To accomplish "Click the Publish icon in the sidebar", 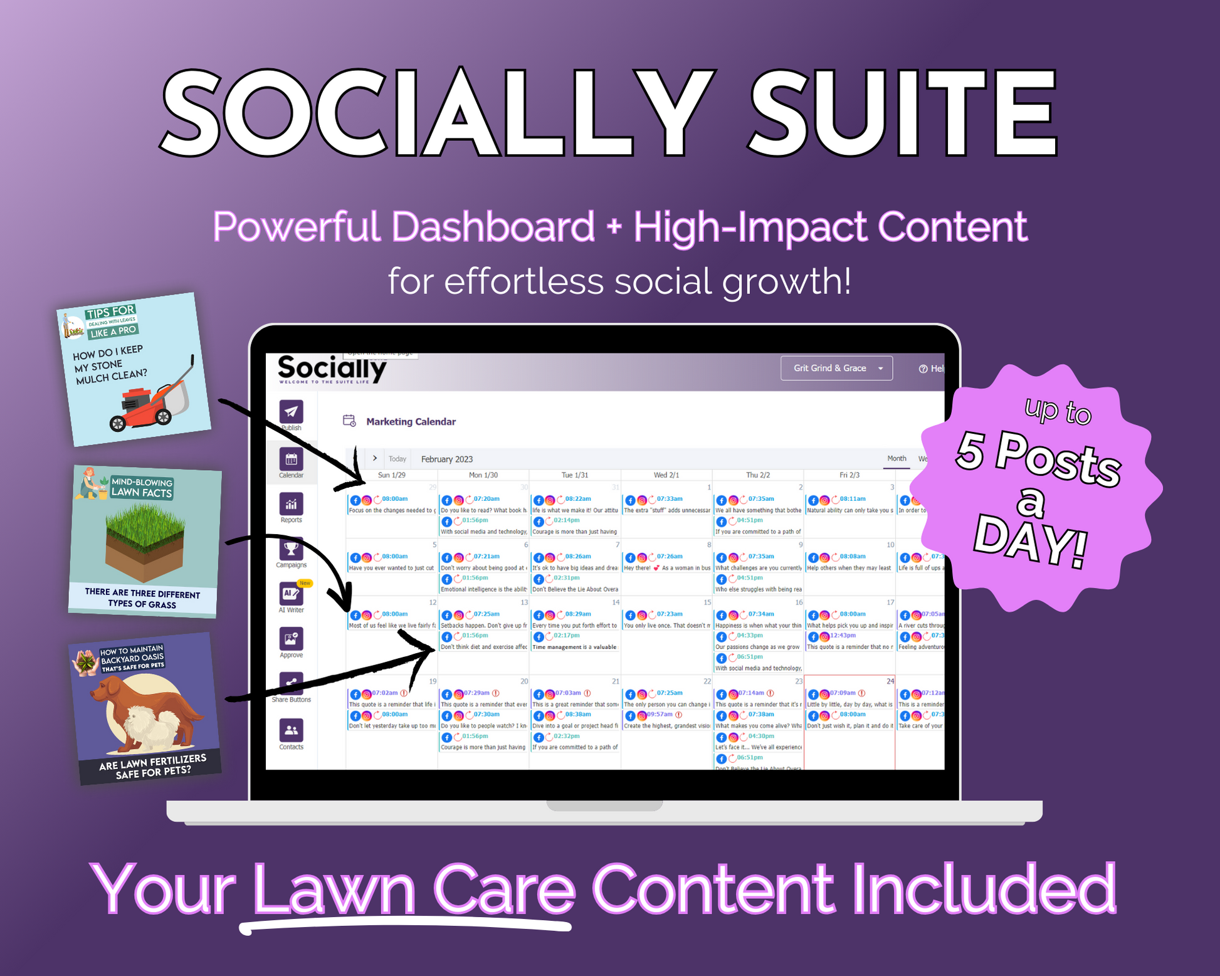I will point(291,412).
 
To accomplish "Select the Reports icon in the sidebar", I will point(291,504).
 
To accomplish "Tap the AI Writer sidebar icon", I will point(291,594).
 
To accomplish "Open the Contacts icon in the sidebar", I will point(291,730).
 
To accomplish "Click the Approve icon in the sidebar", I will point(291,639).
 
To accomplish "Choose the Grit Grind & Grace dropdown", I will point(836,368).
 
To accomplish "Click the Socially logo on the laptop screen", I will point(332,369).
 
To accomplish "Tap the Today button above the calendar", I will point(397,459).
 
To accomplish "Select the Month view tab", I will point(897,458).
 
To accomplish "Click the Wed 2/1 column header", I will point(666,475).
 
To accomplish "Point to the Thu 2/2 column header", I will point(757,475).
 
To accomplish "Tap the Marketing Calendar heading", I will point(411,422).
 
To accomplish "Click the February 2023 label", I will point(446,459).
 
